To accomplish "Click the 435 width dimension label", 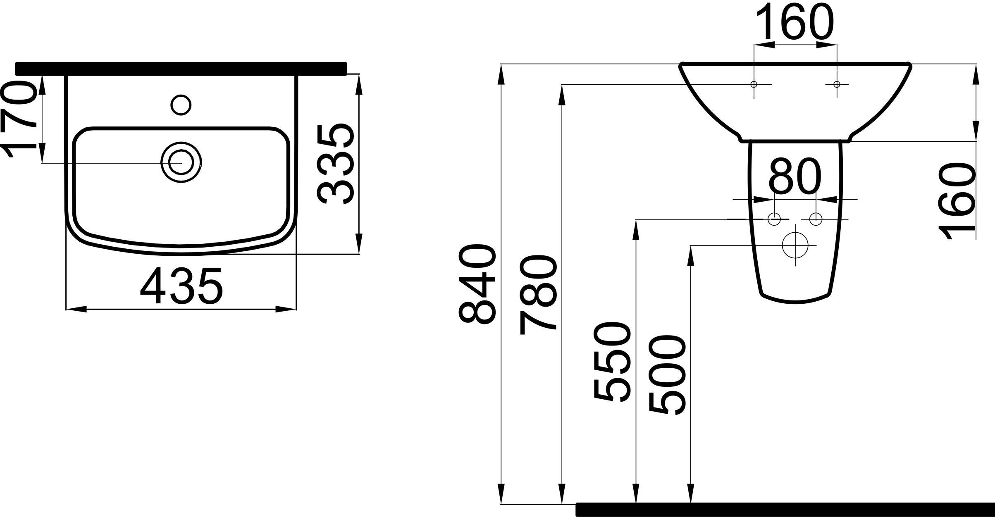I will tap(181, 286).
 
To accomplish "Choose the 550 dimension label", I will tap(612, 361).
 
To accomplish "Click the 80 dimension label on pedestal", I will tap(795, 176).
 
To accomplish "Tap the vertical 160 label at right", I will tap(957, 201).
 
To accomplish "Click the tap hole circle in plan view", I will tap(181, 105).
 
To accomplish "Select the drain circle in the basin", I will tap(181, 163).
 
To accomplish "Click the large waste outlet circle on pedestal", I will tap(795, 245).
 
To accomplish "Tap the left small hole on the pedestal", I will tap(774, 219).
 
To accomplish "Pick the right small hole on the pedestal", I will tap(816, 219).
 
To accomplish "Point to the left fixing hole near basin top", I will tap(754, 84).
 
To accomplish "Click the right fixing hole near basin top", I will tap(837, 84).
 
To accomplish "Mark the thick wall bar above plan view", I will tap(181, 69).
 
